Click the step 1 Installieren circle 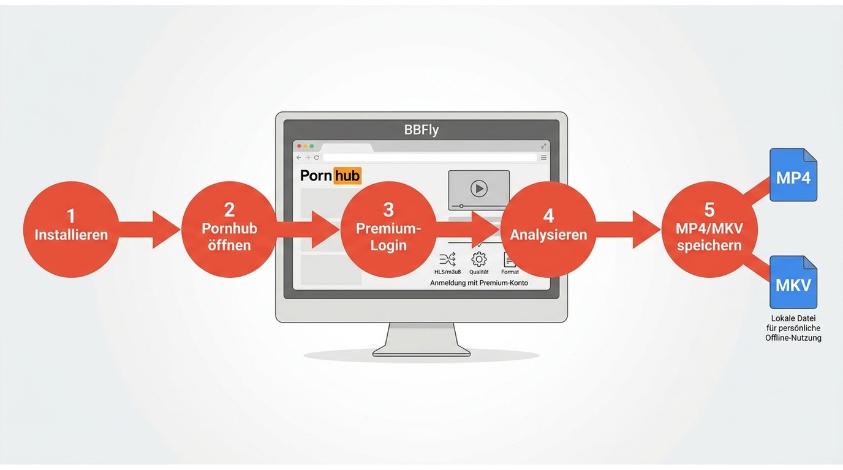coord(70,229)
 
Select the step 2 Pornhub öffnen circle coord(229,229)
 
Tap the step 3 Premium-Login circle coord(388,229)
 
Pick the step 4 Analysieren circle coord(548,229)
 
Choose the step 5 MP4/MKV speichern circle coord(709,229)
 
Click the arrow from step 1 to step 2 coord(149,229)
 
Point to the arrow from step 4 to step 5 coord(629,229)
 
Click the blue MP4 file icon coord(793,175)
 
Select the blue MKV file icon coord(793,282)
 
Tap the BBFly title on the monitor coord(421,130)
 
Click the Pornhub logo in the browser coord(331,176)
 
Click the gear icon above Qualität coord(478,259)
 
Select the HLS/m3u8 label coord(447,272)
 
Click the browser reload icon coord(317,157)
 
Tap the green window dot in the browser coord(312,146)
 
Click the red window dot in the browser coord(299,146)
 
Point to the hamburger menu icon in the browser coord(543,157)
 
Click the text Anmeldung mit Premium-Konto coord(479,283)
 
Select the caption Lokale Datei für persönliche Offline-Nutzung coord(793,328)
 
